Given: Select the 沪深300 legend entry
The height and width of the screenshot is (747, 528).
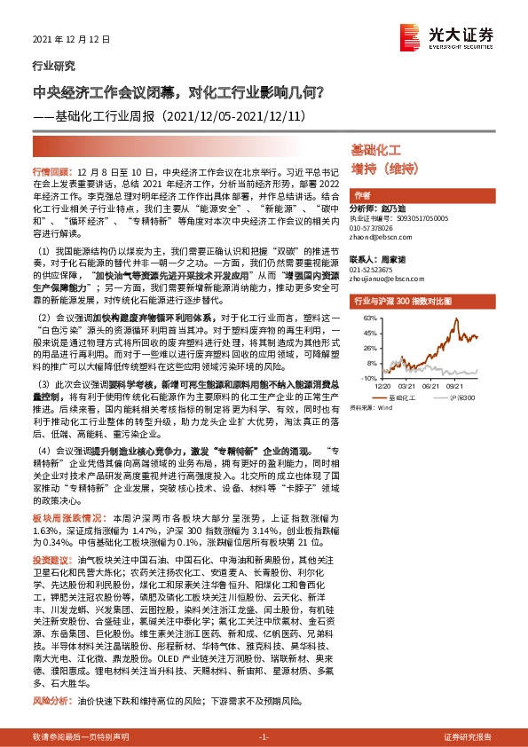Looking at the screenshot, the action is click(466, 400).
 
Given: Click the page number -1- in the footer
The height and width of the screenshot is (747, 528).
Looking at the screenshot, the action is click(264, 737).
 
